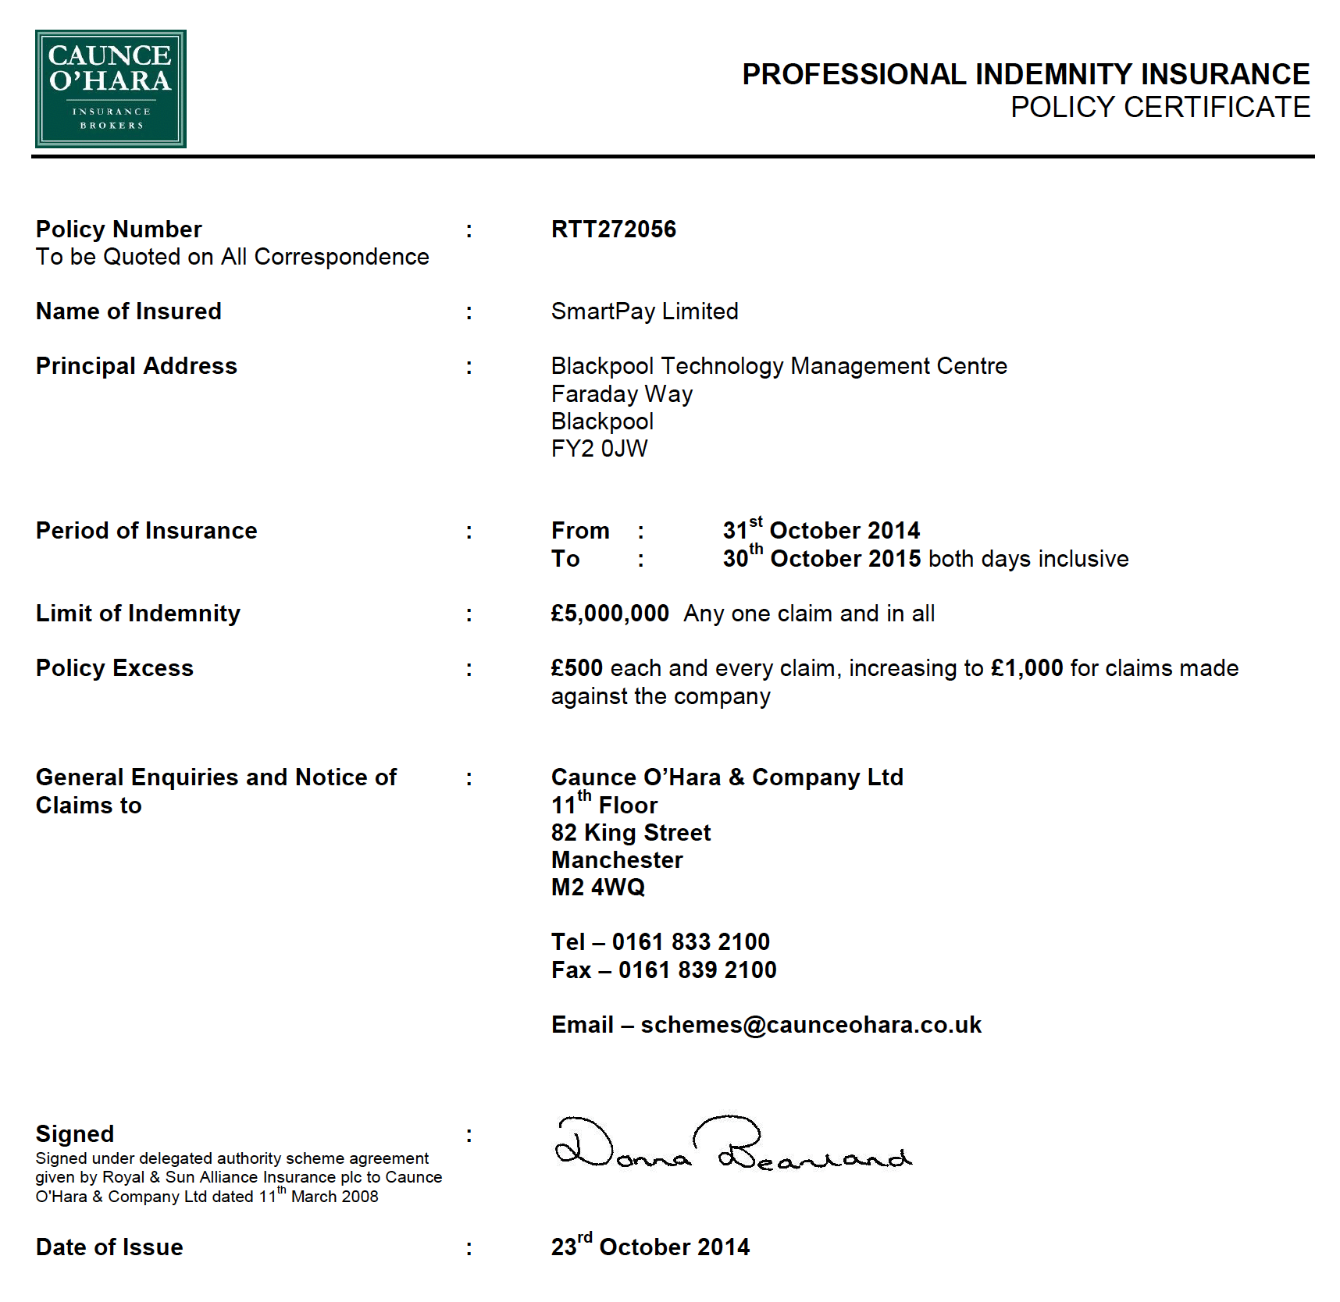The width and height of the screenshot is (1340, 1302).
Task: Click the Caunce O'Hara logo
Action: coord(111,89)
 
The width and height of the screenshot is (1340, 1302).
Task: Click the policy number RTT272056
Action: coord(613,229)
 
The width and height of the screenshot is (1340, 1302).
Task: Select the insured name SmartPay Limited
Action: coord(644,311)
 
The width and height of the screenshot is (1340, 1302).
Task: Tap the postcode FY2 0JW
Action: coord(599,449)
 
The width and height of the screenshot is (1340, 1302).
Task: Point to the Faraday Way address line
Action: coord(622,394)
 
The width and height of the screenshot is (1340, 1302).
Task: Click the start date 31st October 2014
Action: coord(821,531)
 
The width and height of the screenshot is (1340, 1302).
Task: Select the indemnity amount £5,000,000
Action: coord(610,614)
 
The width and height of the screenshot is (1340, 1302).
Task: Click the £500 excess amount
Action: coord(576,668)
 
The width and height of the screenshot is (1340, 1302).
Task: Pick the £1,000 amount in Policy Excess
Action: coord(1027,668)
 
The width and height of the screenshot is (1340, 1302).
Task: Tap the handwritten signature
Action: coord(732,1144)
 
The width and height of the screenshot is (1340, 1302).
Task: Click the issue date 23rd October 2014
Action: coord(650,1247)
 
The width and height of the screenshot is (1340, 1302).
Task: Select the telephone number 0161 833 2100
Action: coord(690,942)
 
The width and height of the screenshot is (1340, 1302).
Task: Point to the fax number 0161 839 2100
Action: coord(697,970)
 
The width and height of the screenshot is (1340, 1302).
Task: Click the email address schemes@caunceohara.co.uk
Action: coord(811,1025)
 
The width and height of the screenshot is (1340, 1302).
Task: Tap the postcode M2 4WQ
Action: coord(598,888)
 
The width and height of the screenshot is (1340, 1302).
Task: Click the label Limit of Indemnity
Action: coord(138,614)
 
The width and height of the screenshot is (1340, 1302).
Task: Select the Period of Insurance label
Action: coord(147,531)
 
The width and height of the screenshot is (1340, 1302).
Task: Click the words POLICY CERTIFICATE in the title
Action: coord(1160,108)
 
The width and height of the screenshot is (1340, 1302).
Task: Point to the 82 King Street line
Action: coord(631,833)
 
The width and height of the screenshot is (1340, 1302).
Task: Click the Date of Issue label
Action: coord(109,1247)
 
